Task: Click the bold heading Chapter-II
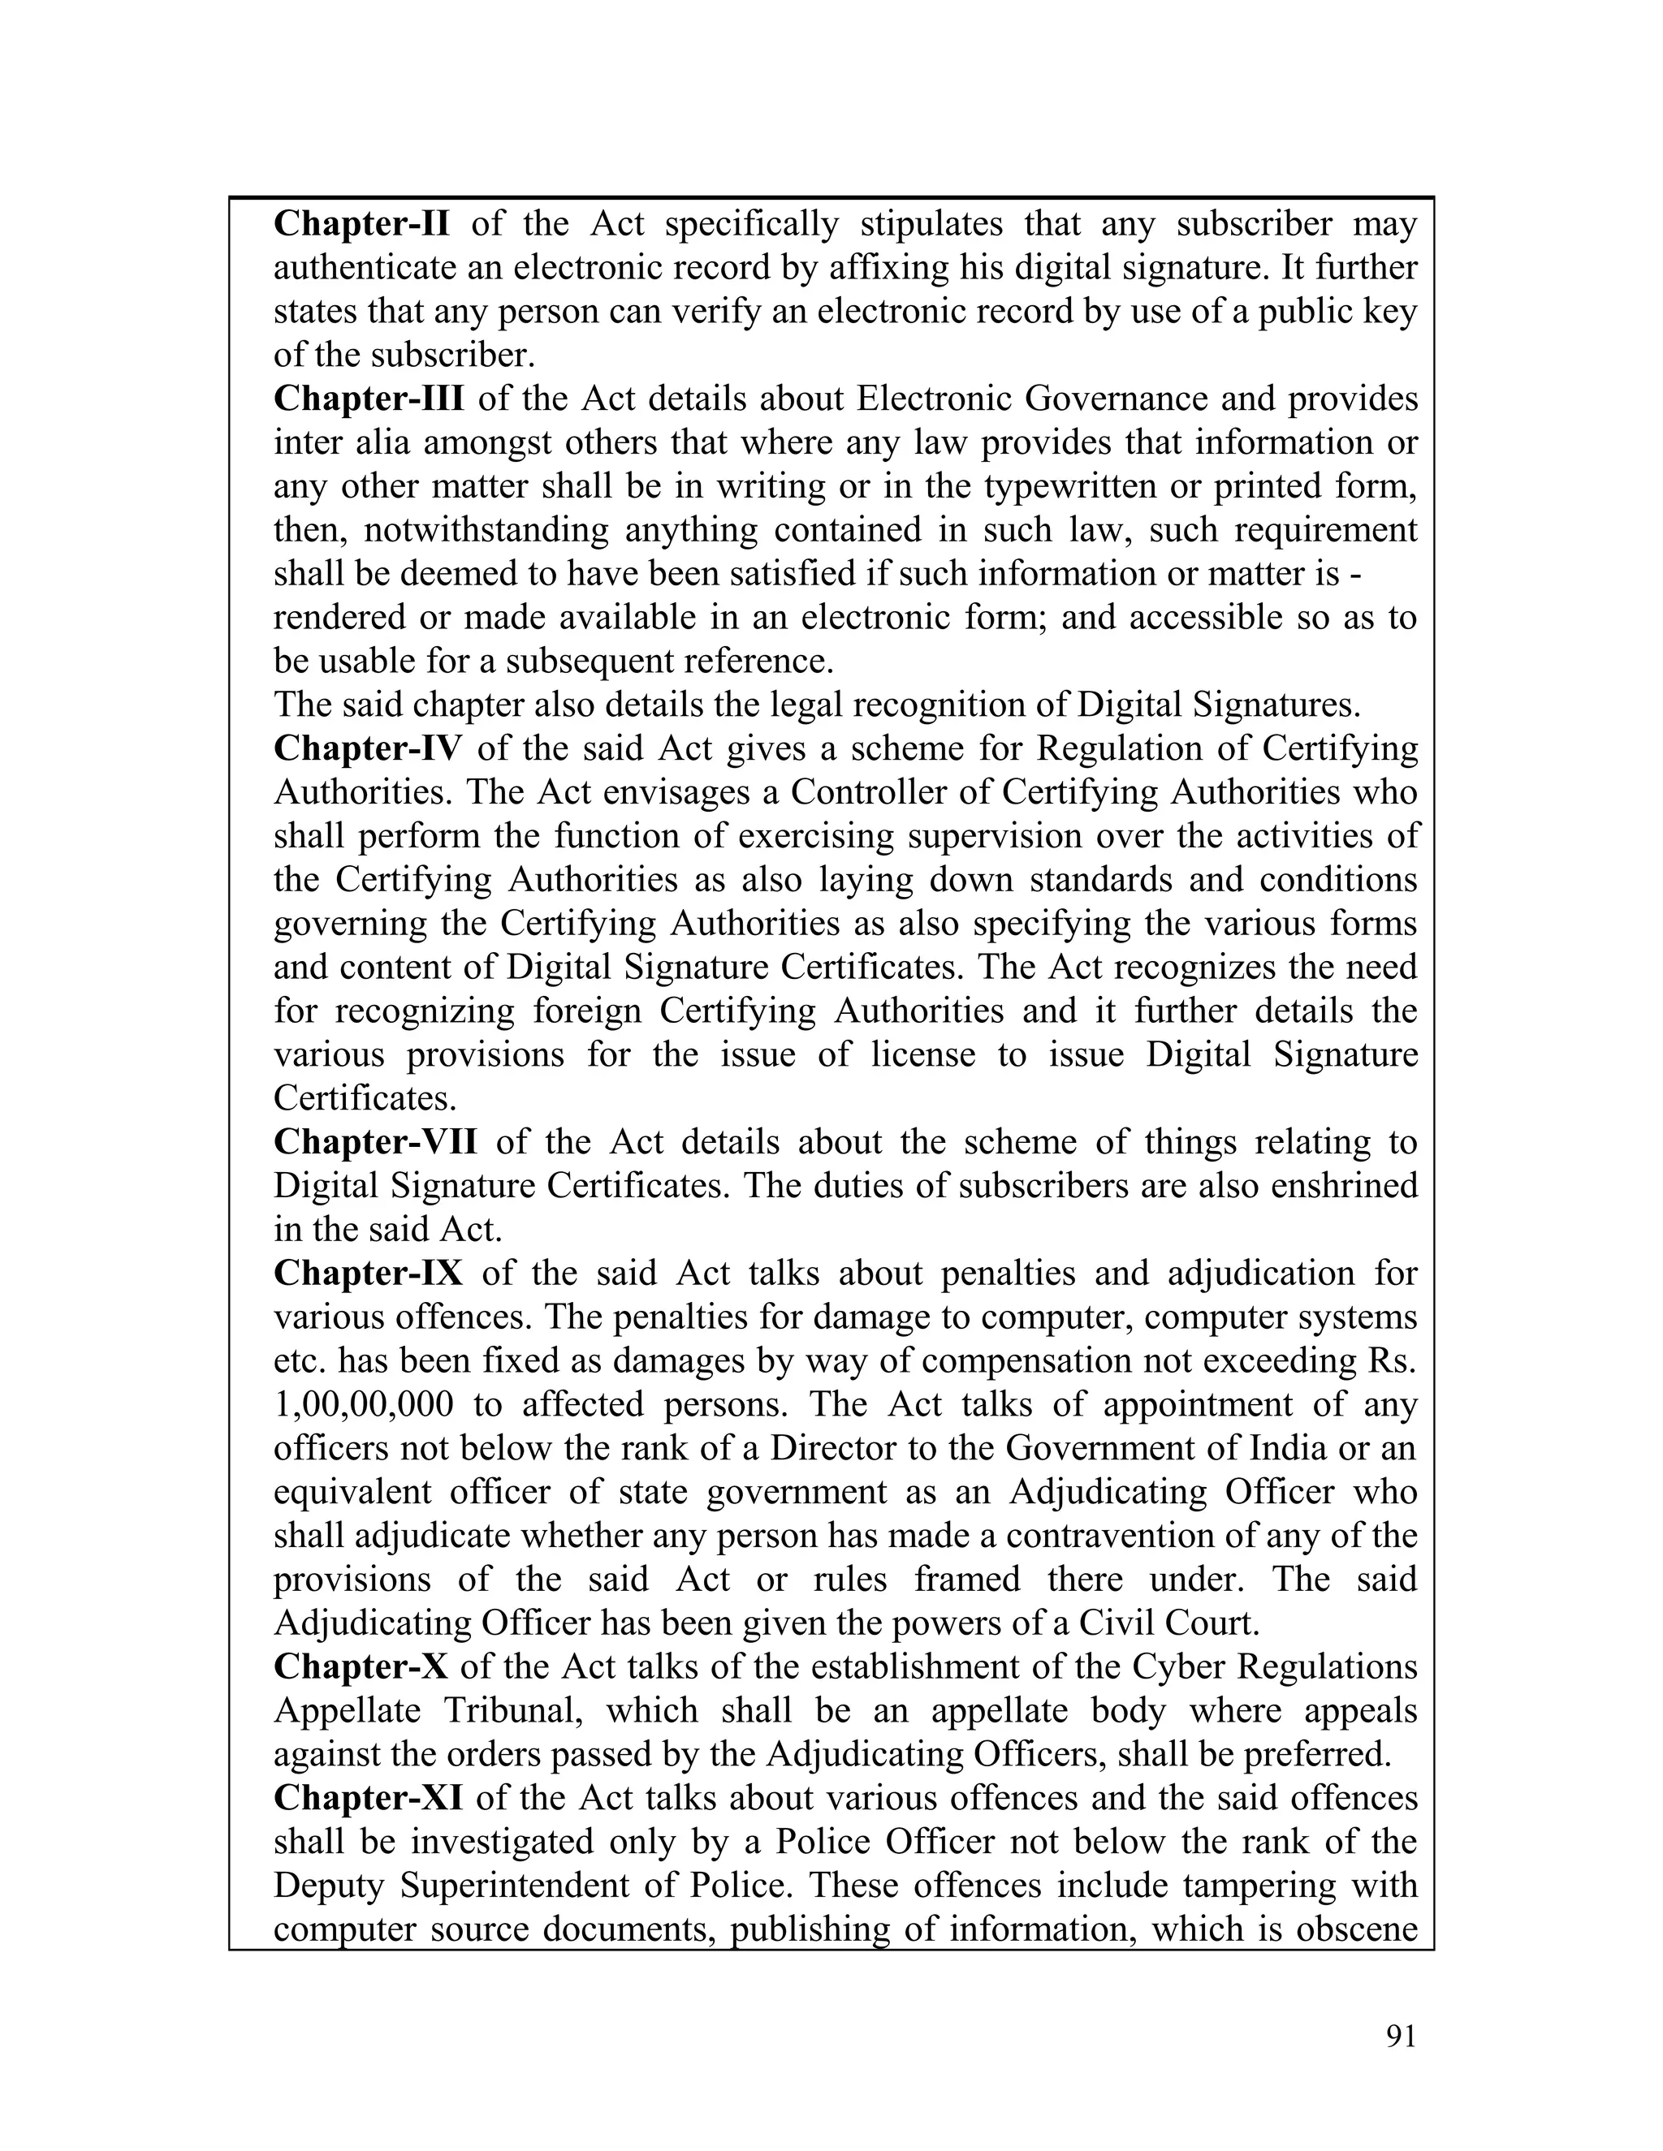point(361,225)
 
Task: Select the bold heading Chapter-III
point(369,399)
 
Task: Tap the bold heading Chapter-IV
point(366,748)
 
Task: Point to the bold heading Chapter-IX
point(368,1273)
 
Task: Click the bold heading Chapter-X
point(361,1666)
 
